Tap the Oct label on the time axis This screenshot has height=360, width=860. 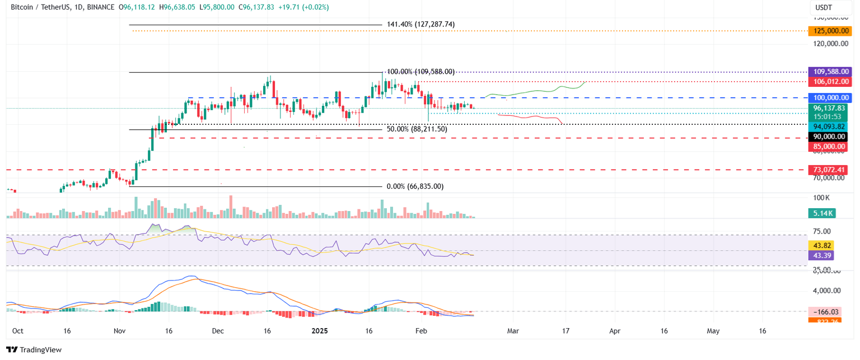coord(17,331)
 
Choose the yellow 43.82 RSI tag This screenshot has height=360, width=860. coord(821,245)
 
